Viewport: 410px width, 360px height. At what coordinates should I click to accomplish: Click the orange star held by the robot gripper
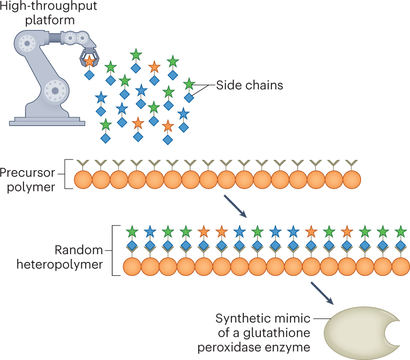(x=90, y=61)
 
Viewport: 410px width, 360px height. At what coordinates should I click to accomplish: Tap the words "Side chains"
(x=249, y=85)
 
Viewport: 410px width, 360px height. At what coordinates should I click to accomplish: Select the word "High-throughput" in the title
(x=48, y=6)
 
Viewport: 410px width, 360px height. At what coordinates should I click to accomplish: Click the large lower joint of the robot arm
(x=55, y=91)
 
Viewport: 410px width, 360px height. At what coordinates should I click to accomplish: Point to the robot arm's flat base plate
(x=47, y=123)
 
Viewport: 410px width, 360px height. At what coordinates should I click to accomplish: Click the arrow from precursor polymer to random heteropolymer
(x=235, y=206)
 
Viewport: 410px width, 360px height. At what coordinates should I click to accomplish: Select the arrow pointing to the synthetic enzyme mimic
(x=322, y=293)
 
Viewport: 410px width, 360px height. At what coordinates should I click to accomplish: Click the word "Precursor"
(x=27, y=173)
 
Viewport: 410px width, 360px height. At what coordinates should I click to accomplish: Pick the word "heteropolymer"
(x=60, y=264)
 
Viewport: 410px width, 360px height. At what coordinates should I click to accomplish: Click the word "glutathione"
(x=277, y=333)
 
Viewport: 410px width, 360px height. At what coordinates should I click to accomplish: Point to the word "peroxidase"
(x=229, y=348)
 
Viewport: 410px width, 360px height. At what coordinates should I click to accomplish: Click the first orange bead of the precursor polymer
(x=83, y=180)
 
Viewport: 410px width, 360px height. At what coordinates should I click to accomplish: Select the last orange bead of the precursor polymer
(x=352, y=180)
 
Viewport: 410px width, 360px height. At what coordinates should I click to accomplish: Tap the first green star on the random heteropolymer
(x=132, y=232)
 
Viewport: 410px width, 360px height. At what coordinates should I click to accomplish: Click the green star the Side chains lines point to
(x=189, y=84)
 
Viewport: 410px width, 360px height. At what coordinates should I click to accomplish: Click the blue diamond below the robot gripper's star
(x=90, y=75)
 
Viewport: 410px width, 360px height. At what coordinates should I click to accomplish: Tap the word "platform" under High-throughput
(x=50, y=20)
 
